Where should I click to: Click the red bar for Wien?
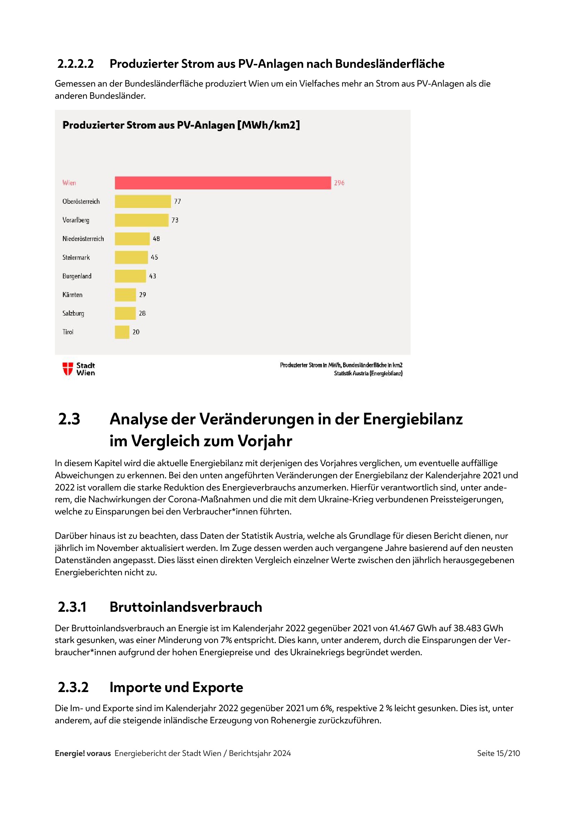tap(223, 183)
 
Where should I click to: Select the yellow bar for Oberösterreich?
tap(143, 202)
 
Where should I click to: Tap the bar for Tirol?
tap(122, 332)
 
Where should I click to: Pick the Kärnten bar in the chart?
tap(125, 295)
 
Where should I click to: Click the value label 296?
tap(339, 183)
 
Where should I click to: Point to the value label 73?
tap(175, 220)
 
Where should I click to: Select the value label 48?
tap(156, 239)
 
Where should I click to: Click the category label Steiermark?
tap(76, 258)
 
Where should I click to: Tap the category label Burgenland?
tap(77, 276)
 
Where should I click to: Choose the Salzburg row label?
tap(73, 314)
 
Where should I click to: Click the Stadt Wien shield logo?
tap(68, 368)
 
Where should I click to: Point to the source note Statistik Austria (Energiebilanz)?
tap(368, 373)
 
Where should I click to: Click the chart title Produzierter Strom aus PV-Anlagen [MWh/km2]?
tap(181, 125)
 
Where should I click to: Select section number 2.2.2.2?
tap(75, 64)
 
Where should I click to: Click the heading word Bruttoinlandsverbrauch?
tap(186, 607)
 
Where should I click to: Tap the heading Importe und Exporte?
tap(176, 687)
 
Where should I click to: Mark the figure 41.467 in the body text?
tap(402, 628)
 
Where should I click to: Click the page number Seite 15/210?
tap(498, 753)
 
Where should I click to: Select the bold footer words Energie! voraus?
tap(83, 753)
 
